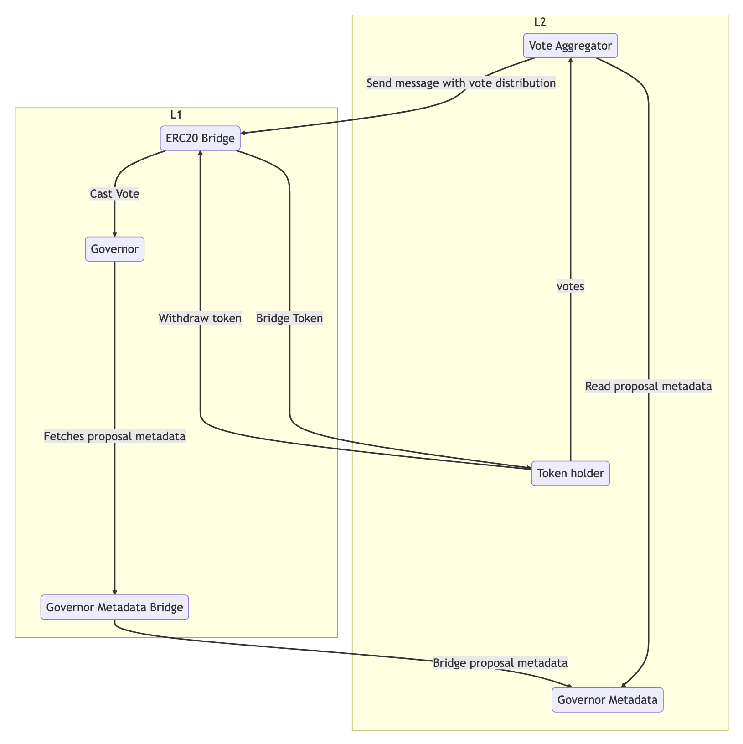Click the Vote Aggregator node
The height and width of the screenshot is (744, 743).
pyautogui.click(x=570, y=46)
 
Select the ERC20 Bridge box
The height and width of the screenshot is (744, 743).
pyautogui.click(x=200, y=138)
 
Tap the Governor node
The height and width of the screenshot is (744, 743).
pyautogui.click(x=114, y=249)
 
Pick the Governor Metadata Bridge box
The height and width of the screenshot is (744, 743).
pyautogui.click(x=114, y=607)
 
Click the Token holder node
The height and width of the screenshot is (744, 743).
pyautogui.click(x=570, y=473)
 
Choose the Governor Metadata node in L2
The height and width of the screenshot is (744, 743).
pyautogui.click(x=607, y=700)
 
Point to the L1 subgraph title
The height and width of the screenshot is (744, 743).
pyautogui.click(x=176, y=114)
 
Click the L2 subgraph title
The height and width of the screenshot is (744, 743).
pyautogui.click(x=540, y=22)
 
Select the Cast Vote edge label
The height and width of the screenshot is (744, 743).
pyautogui.click(x=114, y=194)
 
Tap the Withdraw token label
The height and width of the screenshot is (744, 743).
pyautogui.click(x=200, y=318)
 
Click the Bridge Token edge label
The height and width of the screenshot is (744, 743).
pyautogui.click(x=289, y=318)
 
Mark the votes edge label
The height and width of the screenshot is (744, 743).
pyautogui.click(x=570, y=286)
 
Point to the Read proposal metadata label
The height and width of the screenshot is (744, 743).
pyautogui.click(x=648, y=387)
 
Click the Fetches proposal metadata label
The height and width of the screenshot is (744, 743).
pyautogui.click(x=114, y=437)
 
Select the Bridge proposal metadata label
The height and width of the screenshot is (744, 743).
pyautogui.click(x=500, y=663)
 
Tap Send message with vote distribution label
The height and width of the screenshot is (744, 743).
pyautogui.click(x=461, y=83)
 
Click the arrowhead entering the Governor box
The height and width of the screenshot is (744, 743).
pyautogui.click(x=114, y=234)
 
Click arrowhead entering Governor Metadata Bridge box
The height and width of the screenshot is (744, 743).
pyautogui.click(x=114, y=592)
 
